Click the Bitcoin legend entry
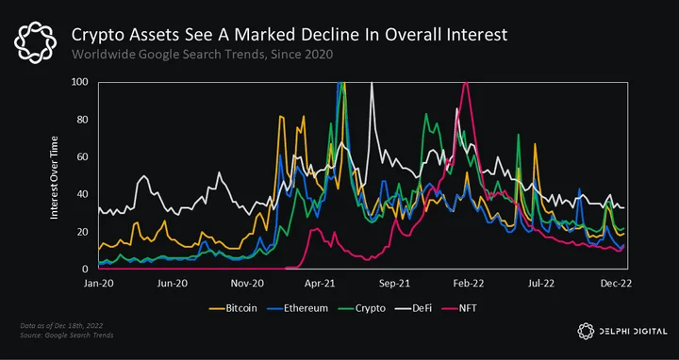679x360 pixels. (x=233, y=308)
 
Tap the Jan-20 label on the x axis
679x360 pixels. (x=98, y=284)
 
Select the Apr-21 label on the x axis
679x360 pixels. (x=319, y=284)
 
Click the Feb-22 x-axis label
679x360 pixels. (x=468, y=284)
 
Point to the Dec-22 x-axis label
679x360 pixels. (x=615, y=284)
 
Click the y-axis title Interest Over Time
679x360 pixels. (x=54, y=177)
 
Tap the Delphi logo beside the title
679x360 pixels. (x=36, y=43)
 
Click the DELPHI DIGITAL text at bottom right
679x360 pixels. (x=633, y=332)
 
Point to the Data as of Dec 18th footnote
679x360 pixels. (x=61, y=326)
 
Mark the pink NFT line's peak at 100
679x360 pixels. (x=465, y=82)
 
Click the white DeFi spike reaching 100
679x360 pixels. (x=372, y=82)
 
